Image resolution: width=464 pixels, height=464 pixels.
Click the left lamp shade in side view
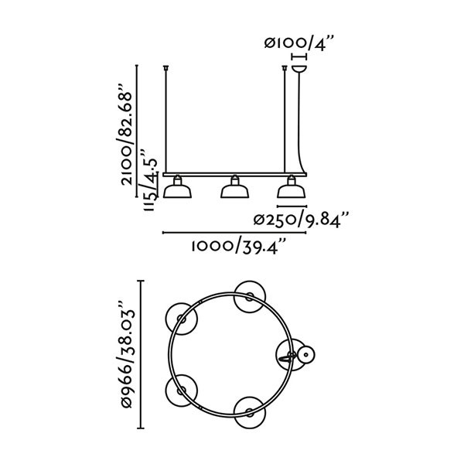tap(177, 189)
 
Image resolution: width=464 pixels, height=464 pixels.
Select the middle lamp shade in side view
tap(234, 189)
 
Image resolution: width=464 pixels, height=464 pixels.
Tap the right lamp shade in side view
tap(292, 189)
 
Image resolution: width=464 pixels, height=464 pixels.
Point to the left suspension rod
tap(167, 120)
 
